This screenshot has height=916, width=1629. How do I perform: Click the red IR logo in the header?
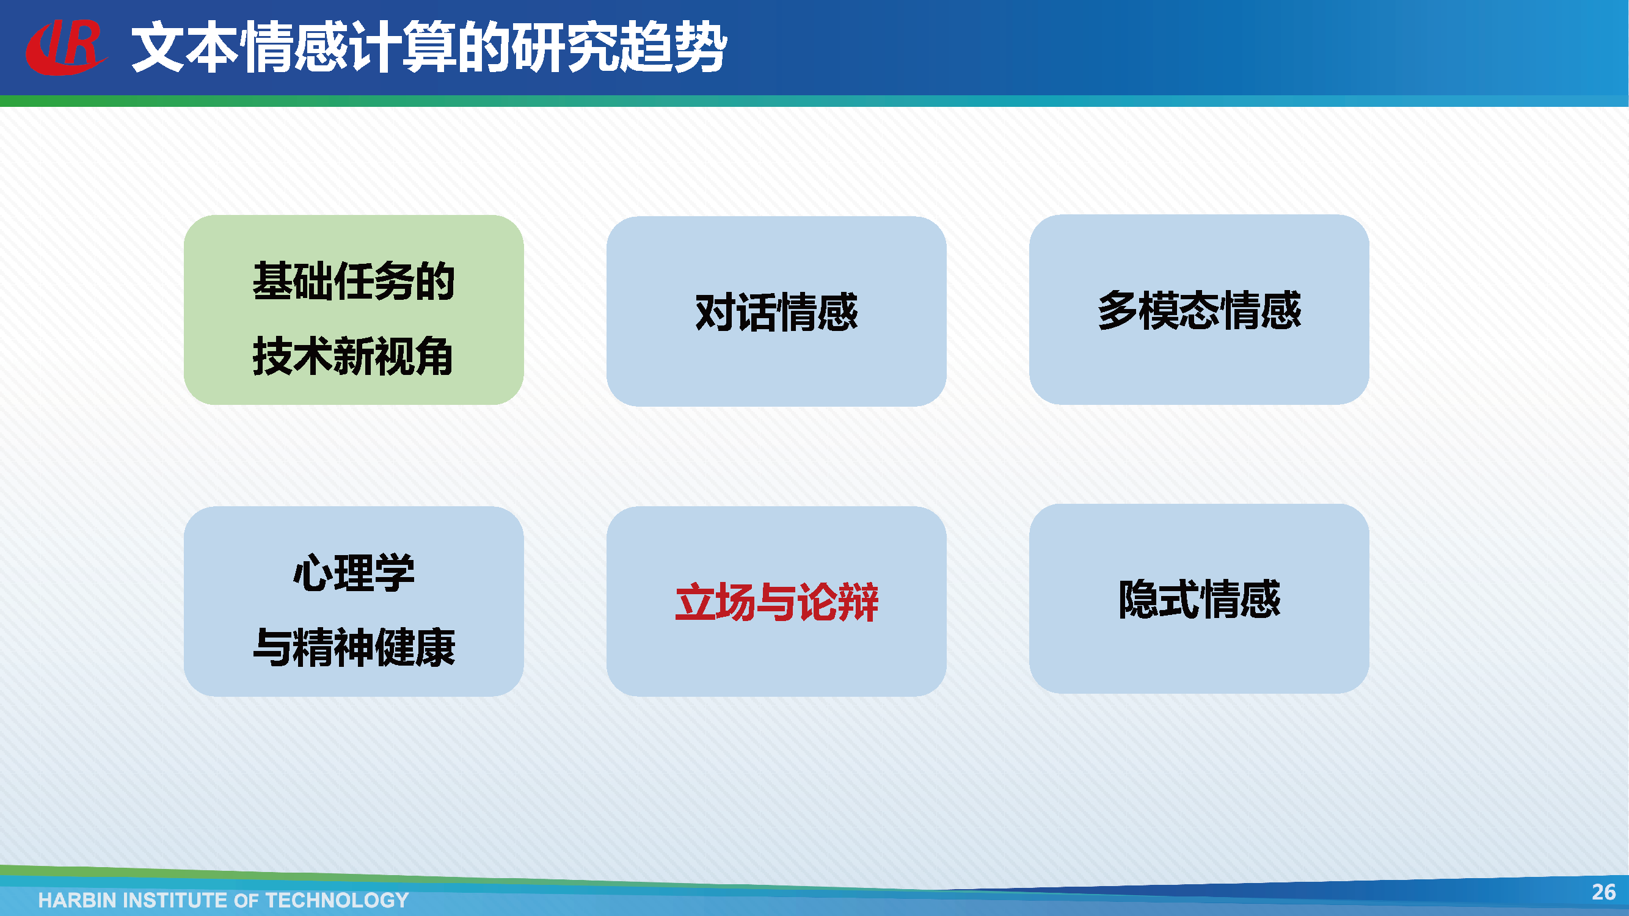(x=66, y=47)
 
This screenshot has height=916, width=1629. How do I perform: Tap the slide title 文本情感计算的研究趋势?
(x=429, y=47)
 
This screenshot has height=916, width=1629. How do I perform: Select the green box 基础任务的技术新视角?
(x=354, y=310)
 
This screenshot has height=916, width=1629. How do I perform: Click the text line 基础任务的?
(x=354, y=282)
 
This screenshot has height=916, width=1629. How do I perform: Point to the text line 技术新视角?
(x=353, y=357)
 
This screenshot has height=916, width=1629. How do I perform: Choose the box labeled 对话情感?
(x=776, y=311)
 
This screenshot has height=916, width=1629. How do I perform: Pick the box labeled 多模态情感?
(x=1199, y=309)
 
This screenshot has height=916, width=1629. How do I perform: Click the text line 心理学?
(x=354, y=573)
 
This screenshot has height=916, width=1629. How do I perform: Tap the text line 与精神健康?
(x=354, y=648)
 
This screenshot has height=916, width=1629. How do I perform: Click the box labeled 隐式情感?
(x=1199, y=598)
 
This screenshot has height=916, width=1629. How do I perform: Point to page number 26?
(x=1603, y=892)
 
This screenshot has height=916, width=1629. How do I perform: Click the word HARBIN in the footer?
(x=76, y=900)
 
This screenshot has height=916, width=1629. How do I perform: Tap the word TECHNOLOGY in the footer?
(x=337, y=900)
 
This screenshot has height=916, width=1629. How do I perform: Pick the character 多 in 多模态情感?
(x=1118, y=310)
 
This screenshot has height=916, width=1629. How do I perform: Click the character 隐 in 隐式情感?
(x=1139, y=598)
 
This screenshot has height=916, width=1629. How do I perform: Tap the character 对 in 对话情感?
(x=715, y=311)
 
